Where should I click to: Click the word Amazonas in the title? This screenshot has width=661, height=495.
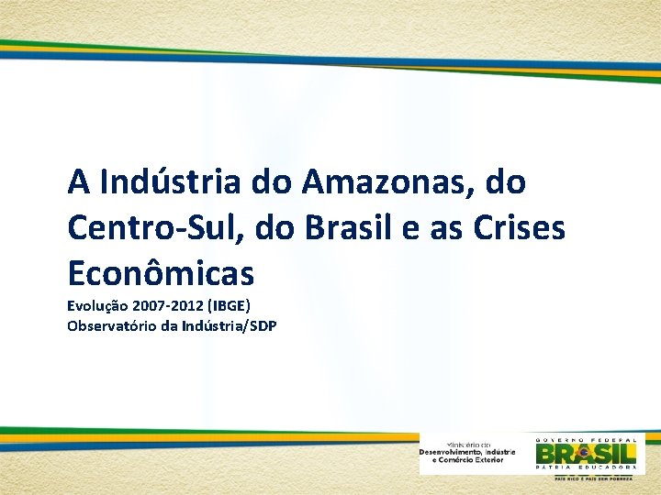(384, 182)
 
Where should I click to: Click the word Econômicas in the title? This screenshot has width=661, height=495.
(161, 272)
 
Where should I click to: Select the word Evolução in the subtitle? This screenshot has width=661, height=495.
(98, 306)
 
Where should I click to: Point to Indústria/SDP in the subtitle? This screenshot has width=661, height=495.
(230, 325)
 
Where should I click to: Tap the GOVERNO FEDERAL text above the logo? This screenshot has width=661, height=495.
(586, 438)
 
